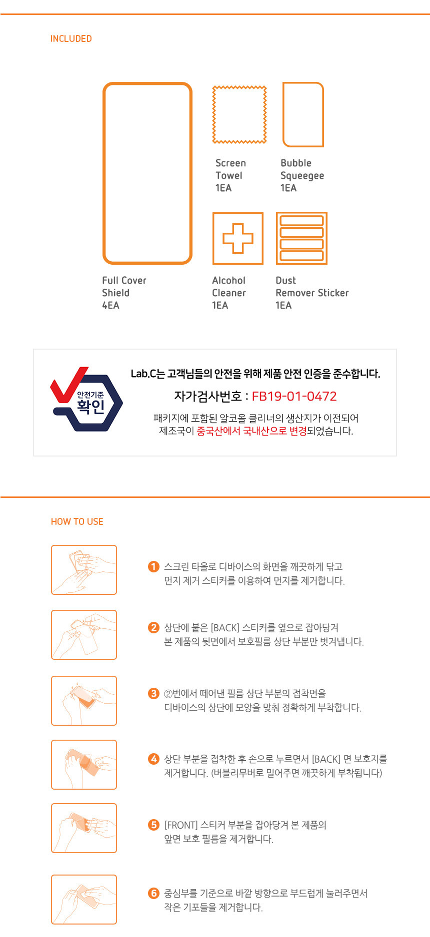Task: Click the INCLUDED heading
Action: (x=71, y=38)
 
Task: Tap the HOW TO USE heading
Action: (x=77, y=521)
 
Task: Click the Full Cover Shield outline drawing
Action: (x=103, y=173)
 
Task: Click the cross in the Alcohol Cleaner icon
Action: (x=238, y=238)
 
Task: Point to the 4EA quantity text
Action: (x=110, y=305)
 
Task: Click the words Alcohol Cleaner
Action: (x=229, y=287)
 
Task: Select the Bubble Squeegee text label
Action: (x=302, y=169)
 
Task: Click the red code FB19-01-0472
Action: (x=294, y=396)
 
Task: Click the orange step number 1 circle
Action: (x=153, y=566)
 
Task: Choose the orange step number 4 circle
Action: (x=153, y=759)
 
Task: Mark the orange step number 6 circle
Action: (x=153, y=893)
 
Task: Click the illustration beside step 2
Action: (x=84, y=635)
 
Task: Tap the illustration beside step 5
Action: (x=84, y=828)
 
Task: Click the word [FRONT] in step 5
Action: (x=180, y=825)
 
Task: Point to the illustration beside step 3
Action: (x=84, y=701)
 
